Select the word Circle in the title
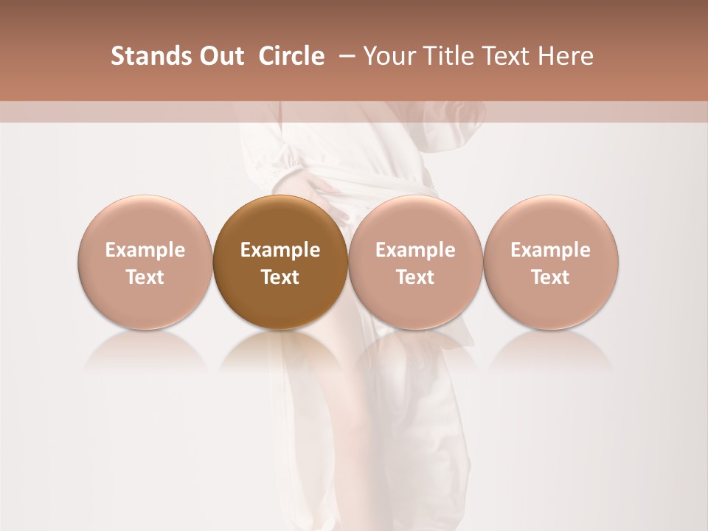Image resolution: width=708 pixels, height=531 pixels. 291,56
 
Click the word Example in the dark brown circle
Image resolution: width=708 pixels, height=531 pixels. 280,250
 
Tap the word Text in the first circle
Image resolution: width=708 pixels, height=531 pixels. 145,277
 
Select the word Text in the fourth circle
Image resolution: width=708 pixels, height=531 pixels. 550,277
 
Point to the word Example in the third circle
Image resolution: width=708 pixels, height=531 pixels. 415,250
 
